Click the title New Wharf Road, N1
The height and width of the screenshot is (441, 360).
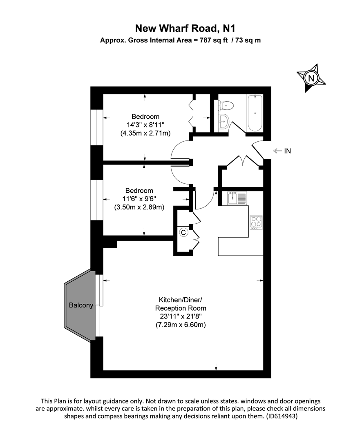point(180,28)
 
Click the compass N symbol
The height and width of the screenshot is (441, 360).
point(311,78)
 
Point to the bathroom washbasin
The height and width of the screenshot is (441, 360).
point(224,121)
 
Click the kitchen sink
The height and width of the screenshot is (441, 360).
point(237,198)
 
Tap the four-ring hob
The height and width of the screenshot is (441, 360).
point(256,222)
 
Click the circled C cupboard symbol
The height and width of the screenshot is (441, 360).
point(183,233)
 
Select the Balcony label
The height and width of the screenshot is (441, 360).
point(81,305)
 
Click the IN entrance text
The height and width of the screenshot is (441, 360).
point(288,151)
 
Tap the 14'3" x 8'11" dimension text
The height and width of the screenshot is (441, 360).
point(145,125)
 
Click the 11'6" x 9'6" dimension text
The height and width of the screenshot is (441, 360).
point(139,199)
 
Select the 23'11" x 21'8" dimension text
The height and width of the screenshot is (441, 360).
point(180,316)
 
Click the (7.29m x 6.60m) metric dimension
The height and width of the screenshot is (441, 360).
point(180,325)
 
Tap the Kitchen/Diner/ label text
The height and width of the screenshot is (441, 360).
point(180,299)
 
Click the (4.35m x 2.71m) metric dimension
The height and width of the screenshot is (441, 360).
point(145,133)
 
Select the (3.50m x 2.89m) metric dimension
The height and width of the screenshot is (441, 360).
point(139,207)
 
